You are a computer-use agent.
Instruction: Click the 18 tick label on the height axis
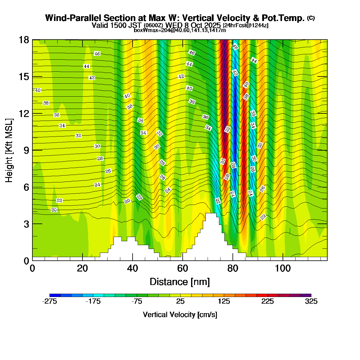tap(24, 40)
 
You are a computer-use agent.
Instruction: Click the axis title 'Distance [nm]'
tap(179, 282)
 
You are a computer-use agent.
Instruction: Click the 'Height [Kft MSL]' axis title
tap(9, 150)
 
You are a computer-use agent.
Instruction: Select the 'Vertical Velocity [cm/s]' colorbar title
tap(180, 315)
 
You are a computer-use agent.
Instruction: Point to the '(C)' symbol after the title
tap(311, 18)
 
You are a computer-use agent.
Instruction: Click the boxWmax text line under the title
tap(180, 30)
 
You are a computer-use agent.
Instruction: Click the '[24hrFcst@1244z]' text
tap(246, 25)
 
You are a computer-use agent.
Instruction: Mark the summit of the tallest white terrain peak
tap(211, 214)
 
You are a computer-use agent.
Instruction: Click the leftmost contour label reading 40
tap(38, 90)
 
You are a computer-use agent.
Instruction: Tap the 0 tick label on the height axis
tap(26, 260)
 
